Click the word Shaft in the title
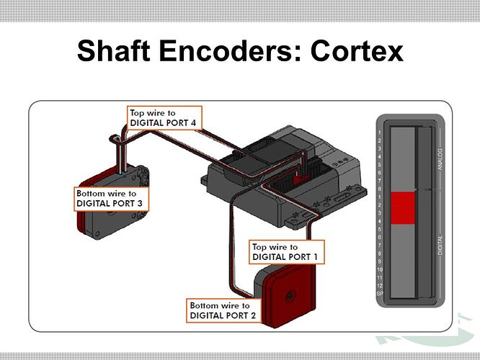pos(114,50)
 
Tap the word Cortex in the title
pos(357,50)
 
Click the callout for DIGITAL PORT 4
pos(165,118)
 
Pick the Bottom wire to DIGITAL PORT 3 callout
pos(112,199)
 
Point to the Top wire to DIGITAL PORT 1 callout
pos(287,252)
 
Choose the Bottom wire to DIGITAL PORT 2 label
pos(224,311)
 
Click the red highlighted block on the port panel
pos(403,208)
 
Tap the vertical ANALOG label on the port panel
pos(440,159)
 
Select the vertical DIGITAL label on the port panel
pos(440,246)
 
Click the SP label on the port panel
pos(380,294)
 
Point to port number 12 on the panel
pos(380,286)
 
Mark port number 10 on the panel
pos(380,269)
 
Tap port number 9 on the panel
pos(380,261)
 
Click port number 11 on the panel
pos(380,278)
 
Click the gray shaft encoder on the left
pos(112,202)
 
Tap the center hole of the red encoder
pos(289,296)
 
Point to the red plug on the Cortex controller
pos(301,179)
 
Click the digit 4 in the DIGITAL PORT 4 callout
pos(193,123)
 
